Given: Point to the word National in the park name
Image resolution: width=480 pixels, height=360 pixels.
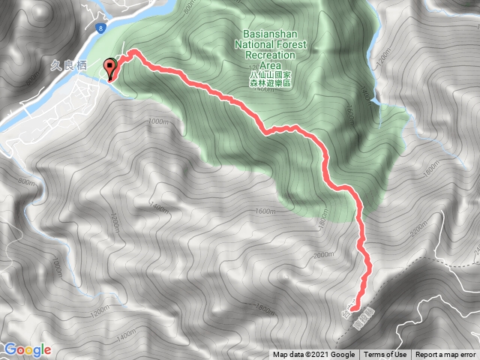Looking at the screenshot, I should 255,44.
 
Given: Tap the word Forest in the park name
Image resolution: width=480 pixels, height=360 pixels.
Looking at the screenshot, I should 292,44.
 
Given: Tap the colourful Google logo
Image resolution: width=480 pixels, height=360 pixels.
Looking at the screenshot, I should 27,349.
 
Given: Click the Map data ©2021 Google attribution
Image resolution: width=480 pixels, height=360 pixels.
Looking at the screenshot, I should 313,355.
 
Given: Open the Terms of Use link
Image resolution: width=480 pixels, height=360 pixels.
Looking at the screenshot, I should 385,355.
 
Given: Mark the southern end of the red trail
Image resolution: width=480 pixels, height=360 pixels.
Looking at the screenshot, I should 352,307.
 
